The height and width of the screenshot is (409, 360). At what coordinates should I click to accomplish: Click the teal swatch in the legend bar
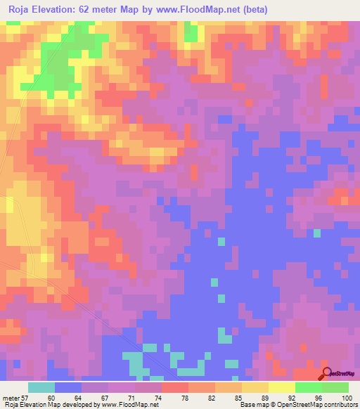[41, 387]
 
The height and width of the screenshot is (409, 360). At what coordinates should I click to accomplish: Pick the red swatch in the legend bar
[175, 387]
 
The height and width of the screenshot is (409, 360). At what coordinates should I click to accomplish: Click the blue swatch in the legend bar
[68, 387]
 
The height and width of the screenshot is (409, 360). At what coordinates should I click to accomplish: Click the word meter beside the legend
[13, 397]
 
